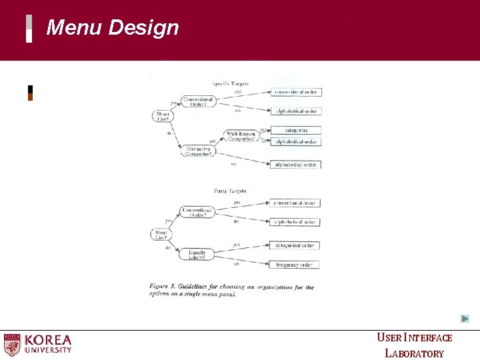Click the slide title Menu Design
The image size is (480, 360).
click(113, 28)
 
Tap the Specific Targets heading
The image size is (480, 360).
click(230, 83)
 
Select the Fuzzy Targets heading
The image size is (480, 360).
click(230, 191)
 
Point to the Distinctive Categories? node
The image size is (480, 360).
click(199, 151)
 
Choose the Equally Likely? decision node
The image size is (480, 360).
click(197, 253)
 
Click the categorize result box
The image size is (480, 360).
click(296, 130)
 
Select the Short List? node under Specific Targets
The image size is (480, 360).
click(162, 116)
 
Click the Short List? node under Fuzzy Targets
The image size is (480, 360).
click(161, 233)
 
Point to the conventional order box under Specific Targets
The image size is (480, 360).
click(296, 92)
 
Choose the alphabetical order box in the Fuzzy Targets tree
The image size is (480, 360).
click(296, 222)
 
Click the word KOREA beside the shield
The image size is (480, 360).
click(48, 339)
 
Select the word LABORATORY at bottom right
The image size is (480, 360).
click(414, 353)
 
